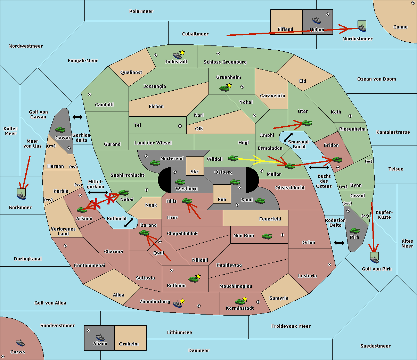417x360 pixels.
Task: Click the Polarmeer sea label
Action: [141, 11]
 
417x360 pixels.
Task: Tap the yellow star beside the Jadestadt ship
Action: [182, 53]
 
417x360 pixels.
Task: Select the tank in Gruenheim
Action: [224, 88]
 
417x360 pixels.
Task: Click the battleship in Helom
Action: [317, 20]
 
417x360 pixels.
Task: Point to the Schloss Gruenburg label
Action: [225, 62]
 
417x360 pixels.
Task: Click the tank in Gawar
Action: [60, 129]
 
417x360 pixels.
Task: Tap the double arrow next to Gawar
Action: [77, 117]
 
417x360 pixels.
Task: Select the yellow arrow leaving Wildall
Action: [262, 161]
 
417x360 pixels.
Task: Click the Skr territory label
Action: [195, 171]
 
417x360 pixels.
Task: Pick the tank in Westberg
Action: [180, 182]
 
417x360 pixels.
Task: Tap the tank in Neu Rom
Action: [267, 236]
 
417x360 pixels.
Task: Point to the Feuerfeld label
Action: [270, 219]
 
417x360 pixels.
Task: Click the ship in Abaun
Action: [100, 337]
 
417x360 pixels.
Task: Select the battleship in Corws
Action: [20, 343]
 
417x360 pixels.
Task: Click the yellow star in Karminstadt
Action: [245, 299]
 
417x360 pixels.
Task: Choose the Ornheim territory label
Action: [129, 344]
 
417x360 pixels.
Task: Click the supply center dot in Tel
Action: [180, 126]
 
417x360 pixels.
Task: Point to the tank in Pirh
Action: [354, 231]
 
